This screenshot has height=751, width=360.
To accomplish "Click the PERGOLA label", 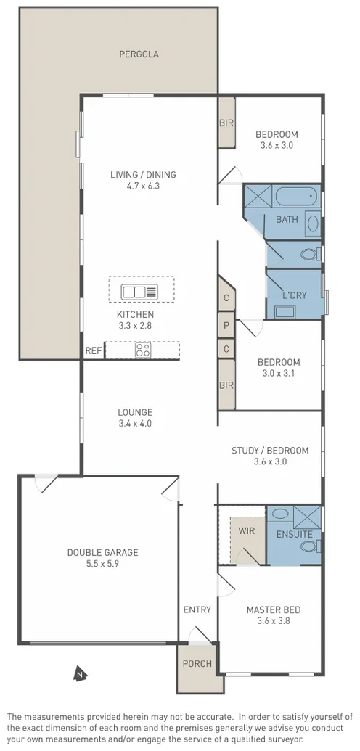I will [139, 54].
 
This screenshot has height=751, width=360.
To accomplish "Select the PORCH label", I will [197, 663].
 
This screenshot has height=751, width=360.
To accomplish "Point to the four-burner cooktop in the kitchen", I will [143, 350].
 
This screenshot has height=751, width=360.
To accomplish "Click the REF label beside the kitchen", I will [94, 350].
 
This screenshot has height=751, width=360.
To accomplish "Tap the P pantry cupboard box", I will [226, 326].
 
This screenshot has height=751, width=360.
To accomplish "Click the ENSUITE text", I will [294, 535].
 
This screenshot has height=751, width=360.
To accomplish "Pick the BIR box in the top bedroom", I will [226, 123].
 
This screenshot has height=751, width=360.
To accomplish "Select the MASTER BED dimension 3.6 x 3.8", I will [273, 620].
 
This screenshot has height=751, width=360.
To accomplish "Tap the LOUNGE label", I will [135, 412].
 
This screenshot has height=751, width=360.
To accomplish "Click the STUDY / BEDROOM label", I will [270, 451].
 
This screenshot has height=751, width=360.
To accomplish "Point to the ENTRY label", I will [197, 610].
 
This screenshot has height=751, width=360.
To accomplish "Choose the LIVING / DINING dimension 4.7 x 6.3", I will [143, 186].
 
